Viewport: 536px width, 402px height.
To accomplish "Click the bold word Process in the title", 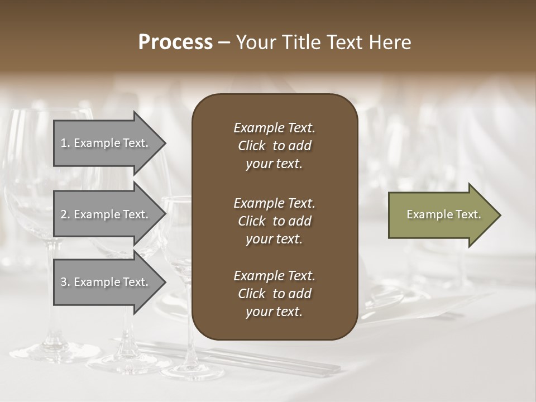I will pyautogui.click(x=175, y=42).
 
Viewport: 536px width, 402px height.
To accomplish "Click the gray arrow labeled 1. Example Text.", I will pyautogui.click(x=106, y=143).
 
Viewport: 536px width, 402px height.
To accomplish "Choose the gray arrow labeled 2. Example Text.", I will pyautogui.click(x=106, y=214).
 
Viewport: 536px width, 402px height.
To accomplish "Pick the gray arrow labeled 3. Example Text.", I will pyautogui.click(x=106, y=282).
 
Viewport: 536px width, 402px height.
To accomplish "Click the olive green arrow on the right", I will pyautogui.click(x=441, y=215).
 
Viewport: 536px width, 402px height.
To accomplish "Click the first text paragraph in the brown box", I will pyautogui.click(x=274, y=146).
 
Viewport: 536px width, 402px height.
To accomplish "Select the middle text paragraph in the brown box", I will pyautogui.click(x=274, y=221).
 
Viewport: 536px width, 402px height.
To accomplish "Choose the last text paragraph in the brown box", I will pyautogui.click(x=274, y=294).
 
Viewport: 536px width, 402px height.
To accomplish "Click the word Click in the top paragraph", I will pyautogui.click(x=251, y=146).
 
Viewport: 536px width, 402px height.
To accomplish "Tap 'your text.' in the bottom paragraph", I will pyautogui.click(x=274, y=312).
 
